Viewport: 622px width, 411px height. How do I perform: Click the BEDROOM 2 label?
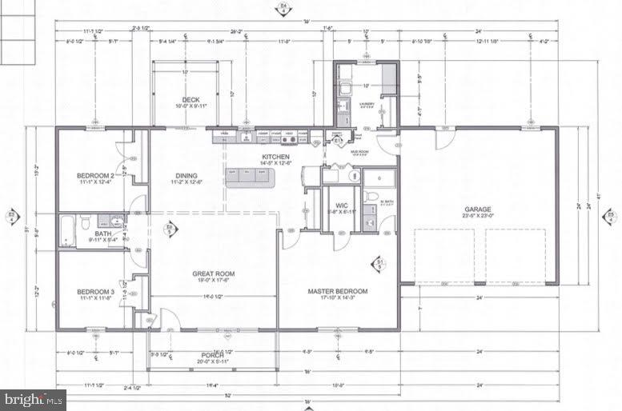(95, 175)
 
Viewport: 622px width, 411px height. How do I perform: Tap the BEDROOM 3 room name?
(95, 292)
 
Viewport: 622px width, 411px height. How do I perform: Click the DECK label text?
(191, 100)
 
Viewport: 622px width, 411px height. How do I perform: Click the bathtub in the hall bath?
(67, 231)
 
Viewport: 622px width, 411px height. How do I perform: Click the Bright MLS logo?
(32, 398)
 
